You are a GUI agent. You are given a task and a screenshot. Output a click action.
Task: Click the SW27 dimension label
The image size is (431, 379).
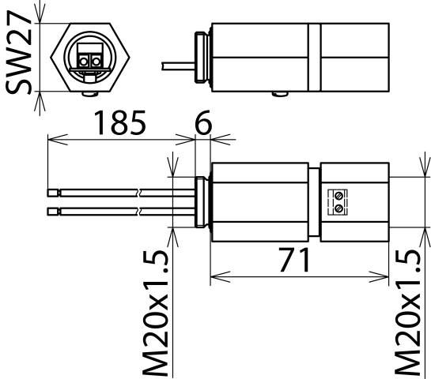(18, 52)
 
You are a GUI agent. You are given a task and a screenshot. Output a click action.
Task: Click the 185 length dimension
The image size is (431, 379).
(119, 122)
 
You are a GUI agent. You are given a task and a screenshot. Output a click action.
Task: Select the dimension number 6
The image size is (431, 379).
(203, 122)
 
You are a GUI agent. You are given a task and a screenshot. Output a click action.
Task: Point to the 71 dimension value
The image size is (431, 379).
(295, 260)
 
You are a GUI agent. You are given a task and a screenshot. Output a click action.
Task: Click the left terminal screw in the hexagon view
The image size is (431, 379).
(83, 62)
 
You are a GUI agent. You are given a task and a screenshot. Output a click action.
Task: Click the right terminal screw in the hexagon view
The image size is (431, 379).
(96, 62)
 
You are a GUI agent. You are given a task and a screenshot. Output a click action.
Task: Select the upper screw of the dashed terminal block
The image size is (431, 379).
(339, 196)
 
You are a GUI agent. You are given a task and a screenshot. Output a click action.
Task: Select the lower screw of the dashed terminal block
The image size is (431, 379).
(339, 208)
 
